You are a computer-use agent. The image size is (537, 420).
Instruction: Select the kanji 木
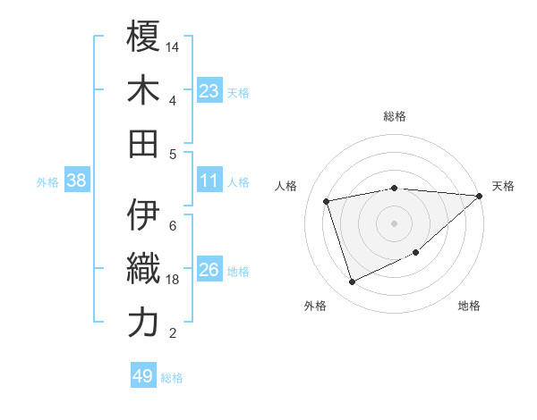[143, 90]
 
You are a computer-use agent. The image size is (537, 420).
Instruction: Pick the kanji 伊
[143, 215]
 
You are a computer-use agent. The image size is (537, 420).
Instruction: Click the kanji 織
[143, 269]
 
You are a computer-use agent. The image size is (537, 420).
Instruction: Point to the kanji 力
[143, 323]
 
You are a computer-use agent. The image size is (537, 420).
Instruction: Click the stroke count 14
[173, 46]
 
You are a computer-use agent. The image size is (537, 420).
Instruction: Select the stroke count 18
[173, 279]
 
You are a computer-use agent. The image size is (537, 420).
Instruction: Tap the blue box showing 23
[209, 91]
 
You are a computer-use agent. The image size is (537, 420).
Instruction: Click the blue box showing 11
[209, 181]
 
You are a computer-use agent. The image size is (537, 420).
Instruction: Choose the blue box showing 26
[209, 270]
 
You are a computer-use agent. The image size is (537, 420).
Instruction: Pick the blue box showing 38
[77, 181]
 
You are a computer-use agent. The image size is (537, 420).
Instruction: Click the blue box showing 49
[143, 376]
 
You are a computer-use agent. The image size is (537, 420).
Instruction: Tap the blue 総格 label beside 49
[172, 378]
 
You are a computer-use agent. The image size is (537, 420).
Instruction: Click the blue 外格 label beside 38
[47, 182]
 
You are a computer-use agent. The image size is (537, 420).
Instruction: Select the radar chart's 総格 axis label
[395, 116]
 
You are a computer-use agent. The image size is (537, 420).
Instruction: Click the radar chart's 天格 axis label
[503, 186]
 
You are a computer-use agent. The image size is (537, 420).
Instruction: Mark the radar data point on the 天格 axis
[480, 196]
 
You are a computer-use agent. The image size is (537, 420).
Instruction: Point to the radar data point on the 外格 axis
[352, 282]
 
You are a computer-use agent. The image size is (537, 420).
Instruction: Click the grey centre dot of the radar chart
[395, 223]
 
